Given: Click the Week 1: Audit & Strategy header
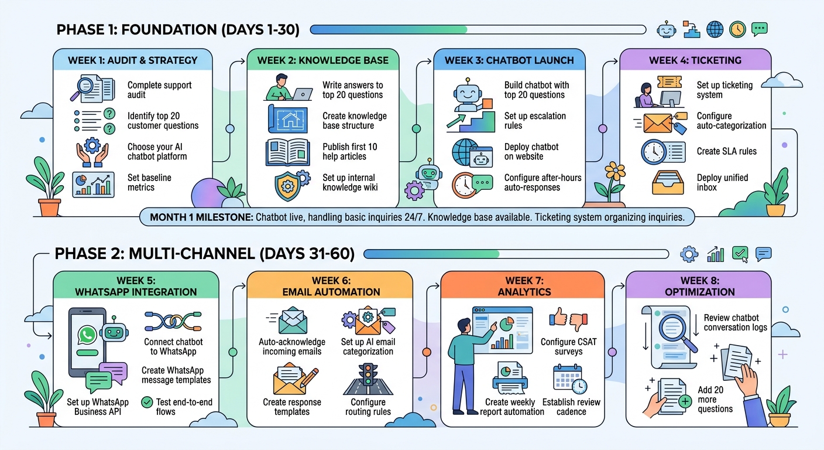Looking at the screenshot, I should [133, 60].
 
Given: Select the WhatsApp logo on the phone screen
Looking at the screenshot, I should [88, 335].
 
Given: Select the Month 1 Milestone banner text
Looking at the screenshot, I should [417, 217].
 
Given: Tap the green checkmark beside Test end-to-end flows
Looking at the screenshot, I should [147, 403].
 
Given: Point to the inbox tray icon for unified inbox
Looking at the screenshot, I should [667, 182].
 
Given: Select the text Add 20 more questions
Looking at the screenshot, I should [715, 399].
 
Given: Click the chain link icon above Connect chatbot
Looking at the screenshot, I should [173, 321].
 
